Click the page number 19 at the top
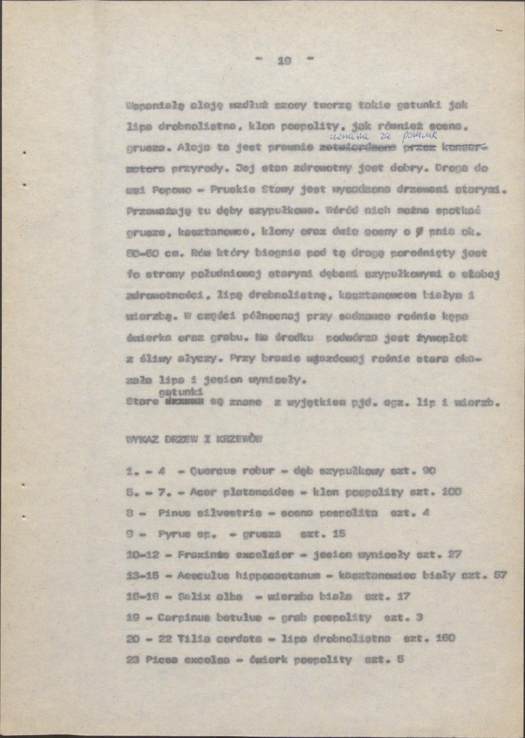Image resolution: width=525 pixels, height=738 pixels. coord(284,60)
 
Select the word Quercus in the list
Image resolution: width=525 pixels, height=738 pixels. coord(213,471)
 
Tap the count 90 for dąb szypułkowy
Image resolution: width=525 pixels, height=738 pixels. coord(429,471)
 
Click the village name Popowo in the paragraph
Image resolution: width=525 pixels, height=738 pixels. coord(162,190)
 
